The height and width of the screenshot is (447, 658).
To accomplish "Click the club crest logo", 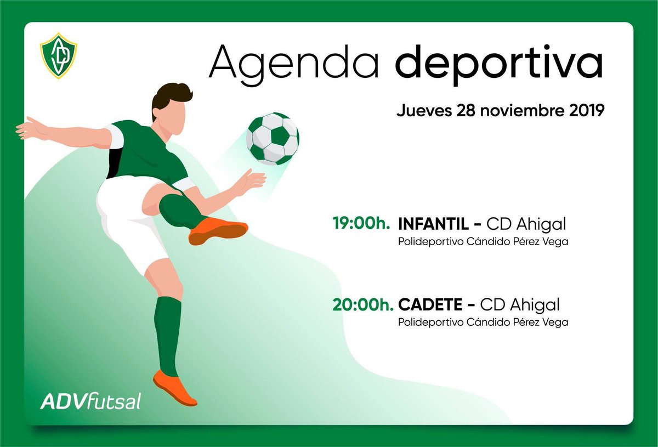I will click(x=59, y=55).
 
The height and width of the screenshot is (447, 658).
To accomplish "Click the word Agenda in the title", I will click(x=293, y=61).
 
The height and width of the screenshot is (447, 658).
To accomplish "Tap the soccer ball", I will click(x=272, y=138).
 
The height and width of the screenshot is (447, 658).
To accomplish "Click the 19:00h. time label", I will click(x=361, y=224).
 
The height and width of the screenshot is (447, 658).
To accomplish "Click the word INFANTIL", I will click(x=433, y=224).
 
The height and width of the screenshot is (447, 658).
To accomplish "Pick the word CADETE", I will click(x=431, y=304).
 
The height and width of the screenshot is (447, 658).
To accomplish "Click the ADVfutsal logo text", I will click(x=90, y=401).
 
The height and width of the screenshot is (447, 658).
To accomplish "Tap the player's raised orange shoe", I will click(x=218, y=230).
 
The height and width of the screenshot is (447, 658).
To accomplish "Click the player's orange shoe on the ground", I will click(x=174, y=387).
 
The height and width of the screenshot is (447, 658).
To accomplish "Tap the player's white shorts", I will click(x=129, y=219).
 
